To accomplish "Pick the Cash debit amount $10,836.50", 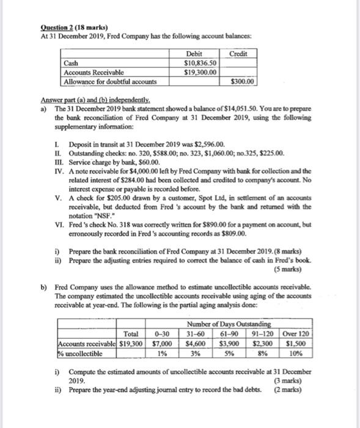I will (201, 64).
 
